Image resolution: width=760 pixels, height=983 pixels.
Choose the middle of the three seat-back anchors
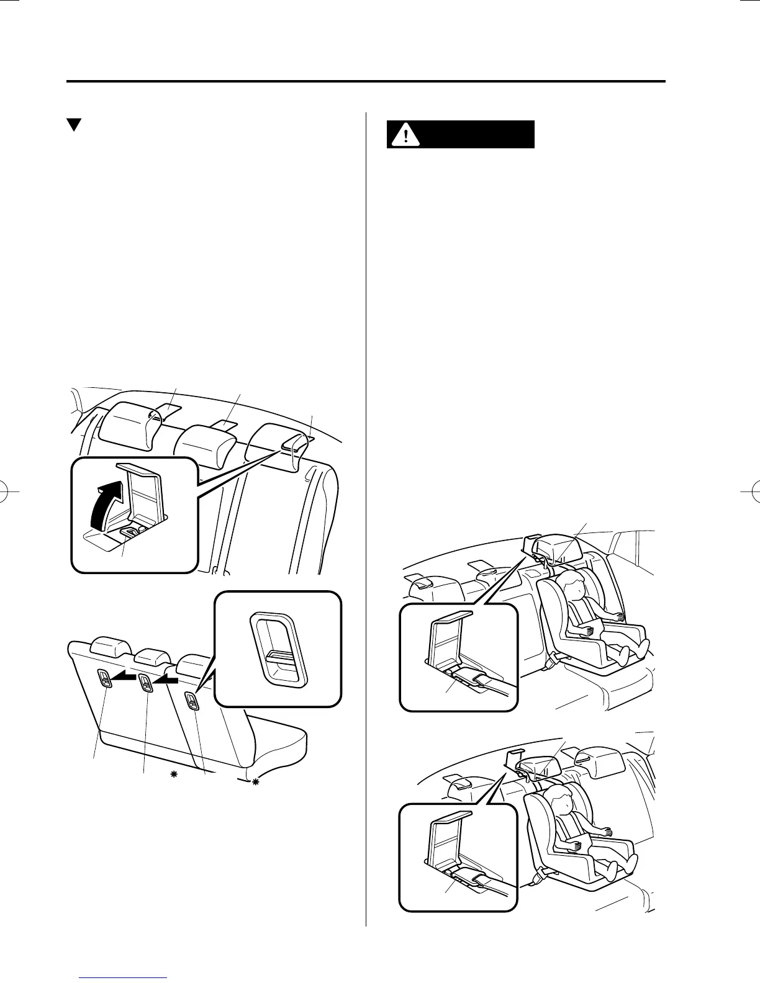click(145, 682)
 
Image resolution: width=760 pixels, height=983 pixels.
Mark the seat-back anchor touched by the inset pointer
click(192, 701)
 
